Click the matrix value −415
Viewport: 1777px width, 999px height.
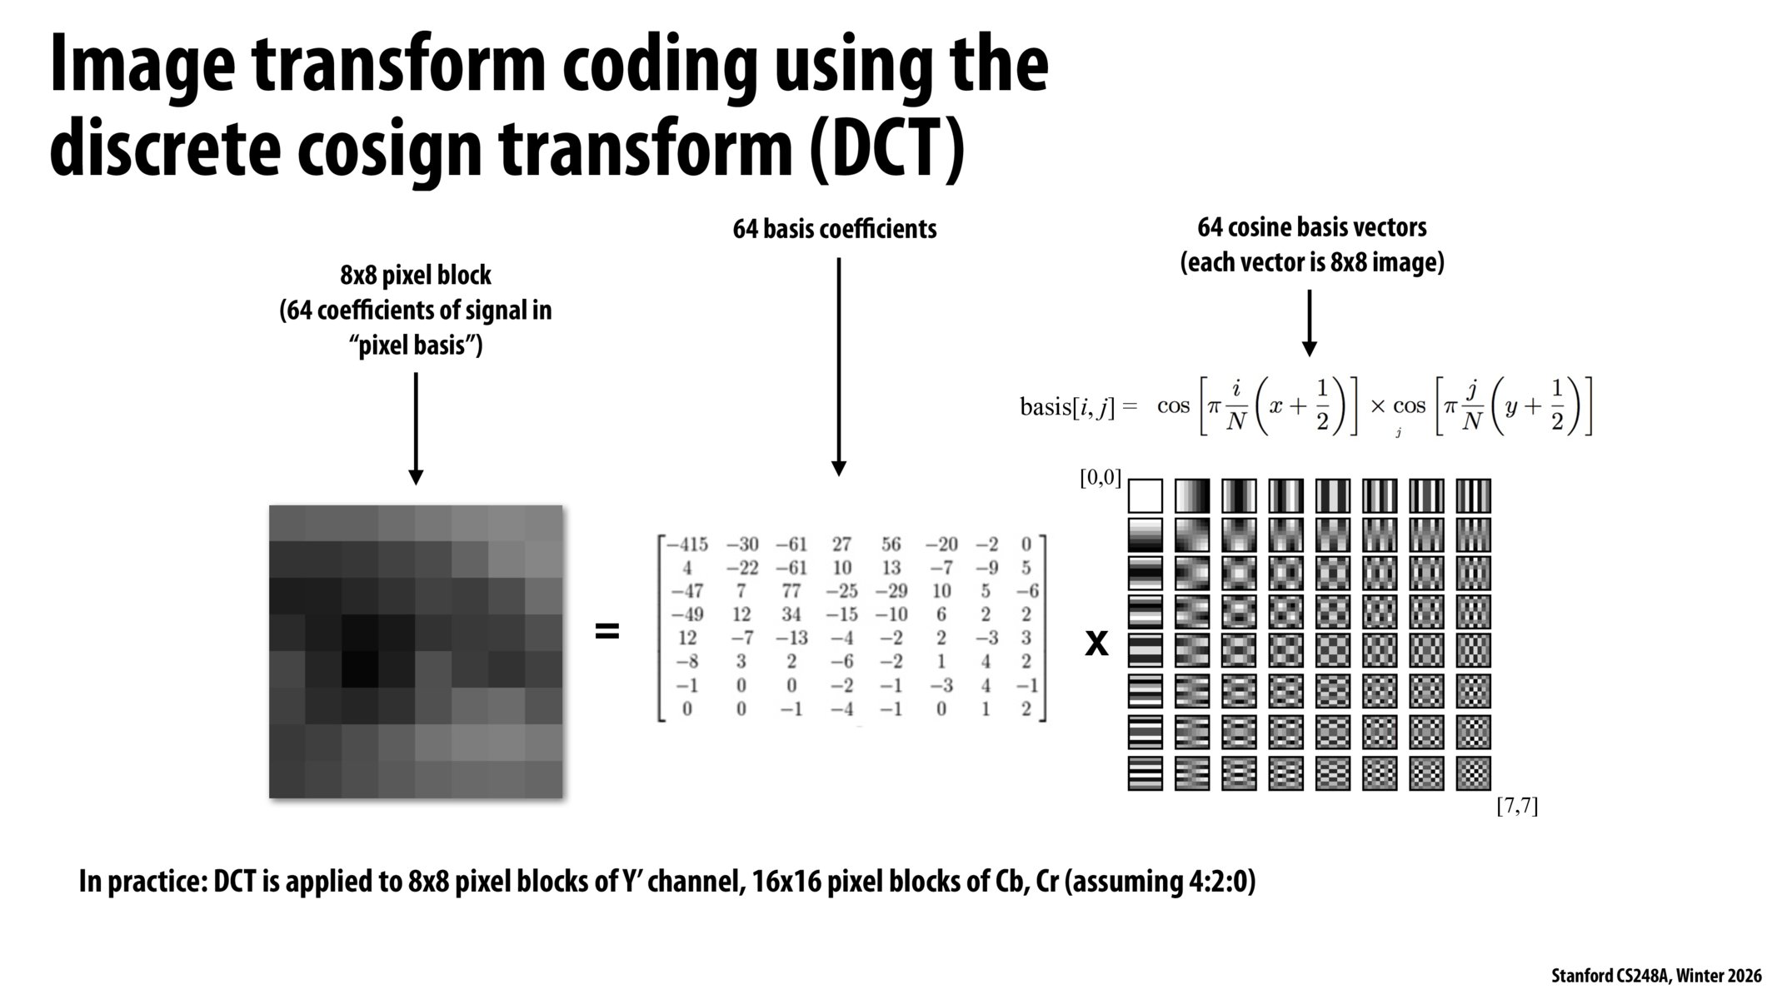click(687, 544)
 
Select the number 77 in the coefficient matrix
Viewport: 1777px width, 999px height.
click(791, 591)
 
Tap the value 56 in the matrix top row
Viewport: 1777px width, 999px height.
click(891, 544)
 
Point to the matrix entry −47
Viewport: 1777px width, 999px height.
click(687, 591)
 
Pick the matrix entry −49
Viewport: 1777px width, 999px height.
click(687, 614)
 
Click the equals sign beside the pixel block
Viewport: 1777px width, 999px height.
click(607, 632)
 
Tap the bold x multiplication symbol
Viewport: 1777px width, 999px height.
click(1096, 644)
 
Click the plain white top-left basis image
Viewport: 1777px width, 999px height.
click(1145, 496)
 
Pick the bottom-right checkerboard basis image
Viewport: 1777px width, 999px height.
click(1473, 773)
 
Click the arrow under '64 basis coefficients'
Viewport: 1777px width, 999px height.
click(839, 366)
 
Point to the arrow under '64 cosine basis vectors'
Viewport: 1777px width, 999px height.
click(1309, 323)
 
